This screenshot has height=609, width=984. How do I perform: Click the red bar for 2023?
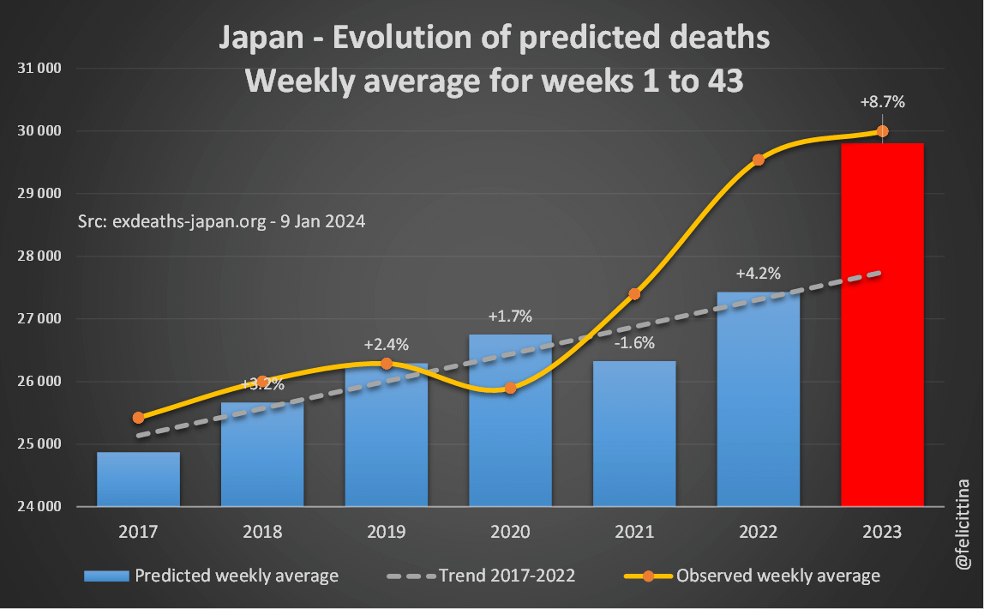(882, 326)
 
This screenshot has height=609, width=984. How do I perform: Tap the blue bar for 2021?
(634, 433)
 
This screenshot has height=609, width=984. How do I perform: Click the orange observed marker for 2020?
(510, 388)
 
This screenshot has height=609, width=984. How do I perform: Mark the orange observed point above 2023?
(882, 131)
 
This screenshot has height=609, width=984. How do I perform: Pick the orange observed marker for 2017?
(138, 418)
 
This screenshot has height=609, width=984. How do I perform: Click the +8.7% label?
(882, 102)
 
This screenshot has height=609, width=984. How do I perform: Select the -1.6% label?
(634, 344)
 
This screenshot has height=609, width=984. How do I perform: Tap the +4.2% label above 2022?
(758, 274)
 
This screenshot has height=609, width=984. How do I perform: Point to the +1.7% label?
(510, 317)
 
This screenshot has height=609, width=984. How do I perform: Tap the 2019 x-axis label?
(386, 532)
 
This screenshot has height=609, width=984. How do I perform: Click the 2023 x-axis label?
(882, 532)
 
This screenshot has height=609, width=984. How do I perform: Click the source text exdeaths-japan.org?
(221, 221)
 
